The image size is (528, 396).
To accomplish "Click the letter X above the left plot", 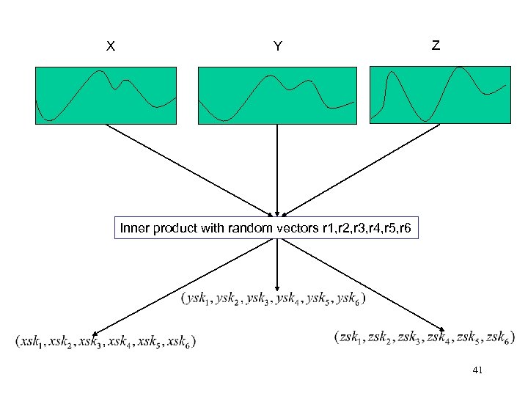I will [110, 47].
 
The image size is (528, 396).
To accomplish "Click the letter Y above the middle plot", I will [277, 47].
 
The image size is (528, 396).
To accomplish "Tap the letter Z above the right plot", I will [436, 45].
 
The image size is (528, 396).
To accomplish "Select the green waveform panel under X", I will [106, 95].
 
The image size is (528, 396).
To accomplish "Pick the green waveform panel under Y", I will [276, 95].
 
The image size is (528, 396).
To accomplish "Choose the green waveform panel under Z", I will [439, 93].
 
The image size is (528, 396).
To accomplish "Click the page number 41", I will [478, 372].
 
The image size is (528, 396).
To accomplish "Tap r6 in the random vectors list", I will [407, 229].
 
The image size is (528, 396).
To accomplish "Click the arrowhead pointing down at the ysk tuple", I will [276, 287].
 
